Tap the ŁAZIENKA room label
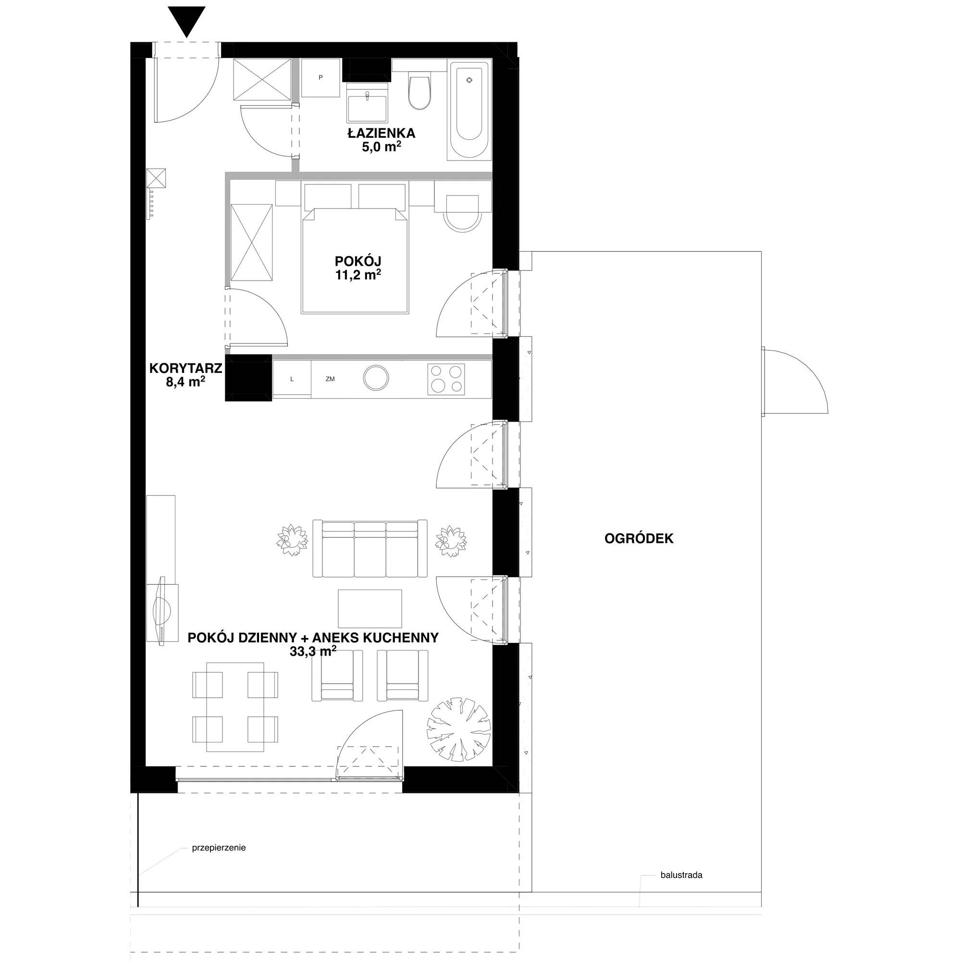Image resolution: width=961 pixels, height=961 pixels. tap(381, 133)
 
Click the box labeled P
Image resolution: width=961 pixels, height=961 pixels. tap(321, 77)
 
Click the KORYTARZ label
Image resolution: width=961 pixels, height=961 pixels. tap(185, 368)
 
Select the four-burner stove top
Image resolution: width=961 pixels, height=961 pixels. tap(446, 379)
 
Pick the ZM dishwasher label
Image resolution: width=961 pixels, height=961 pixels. tap(330, 379)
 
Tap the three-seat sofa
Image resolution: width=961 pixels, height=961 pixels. tap(370, 548)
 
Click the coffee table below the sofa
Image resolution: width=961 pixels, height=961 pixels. tap(370, 608)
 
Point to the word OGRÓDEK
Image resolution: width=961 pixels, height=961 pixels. tap(639, 538)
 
